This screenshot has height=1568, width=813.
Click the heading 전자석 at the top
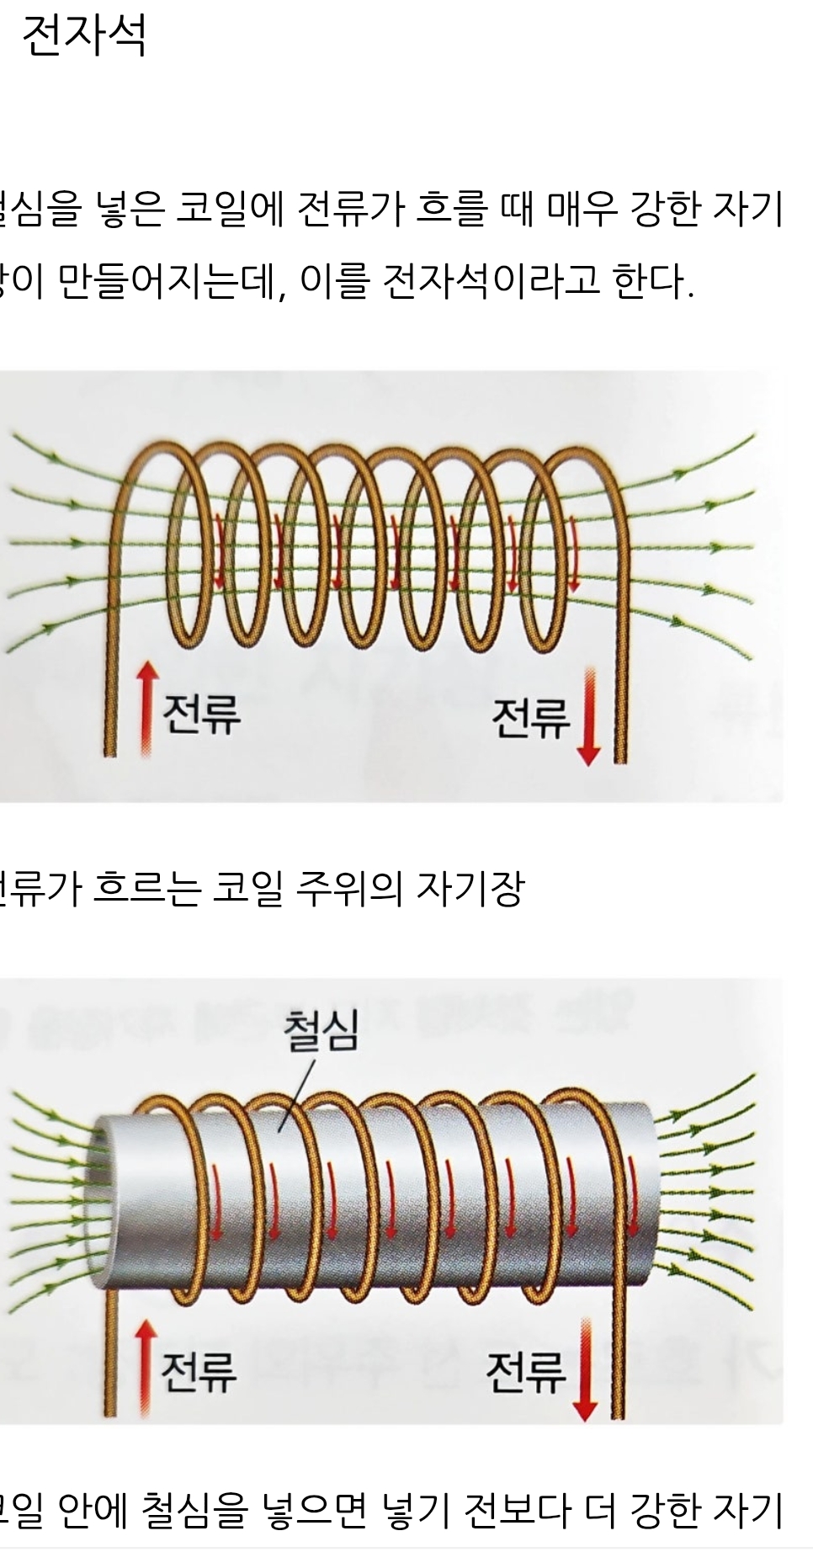point(84,36)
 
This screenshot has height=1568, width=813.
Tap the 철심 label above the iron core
point(321,1031)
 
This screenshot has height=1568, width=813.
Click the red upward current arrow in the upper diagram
point(147,707)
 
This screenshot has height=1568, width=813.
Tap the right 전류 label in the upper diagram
point(530,719)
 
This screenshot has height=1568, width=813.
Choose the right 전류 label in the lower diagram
point(525,1373)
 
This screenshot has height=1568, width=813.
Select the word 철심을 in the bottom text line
point(194,1510)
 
